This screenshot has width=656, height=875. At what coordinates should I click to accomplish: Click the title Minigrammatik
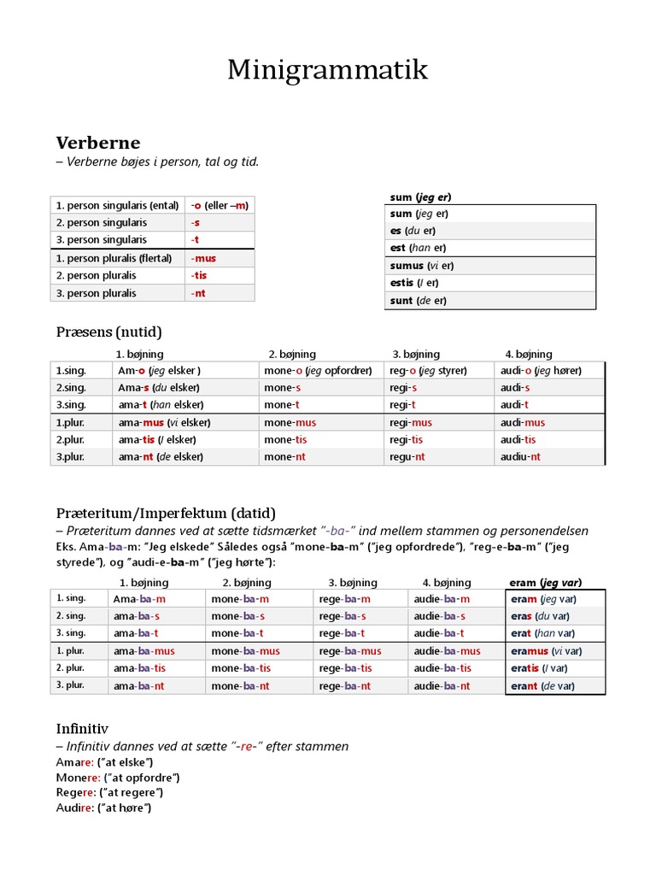327,71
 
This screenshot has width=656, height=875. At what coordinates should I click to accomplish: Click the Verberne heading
98,142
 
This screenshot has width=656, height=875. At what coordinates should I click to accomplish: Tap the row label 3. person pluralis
96,293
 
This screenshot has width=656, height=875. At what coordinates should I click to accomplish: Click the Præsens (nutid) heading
108,332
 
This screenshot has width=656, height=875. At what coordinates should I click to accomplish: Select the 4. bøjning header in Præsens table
528,354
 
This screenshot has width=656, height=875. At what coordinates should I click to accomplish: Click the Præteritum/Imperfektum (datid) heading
166,513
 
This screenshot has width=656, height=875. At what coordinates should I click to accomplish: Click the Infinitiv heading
82,728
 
